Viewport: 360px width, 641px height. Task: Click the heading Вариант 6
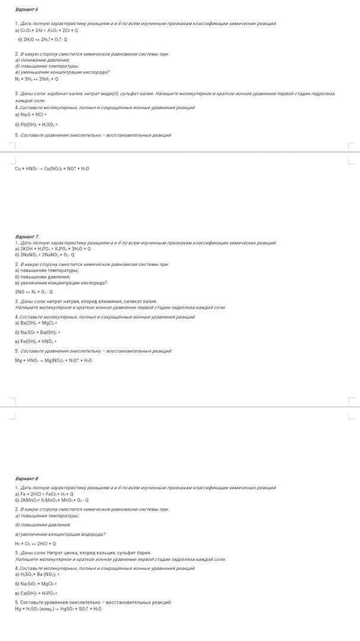click(26, 10)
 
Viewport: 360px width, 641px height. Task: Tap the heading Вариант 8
click(26, 478)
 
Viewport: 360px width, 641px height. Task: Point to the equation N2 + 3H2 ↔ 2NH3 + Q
click(37, 78)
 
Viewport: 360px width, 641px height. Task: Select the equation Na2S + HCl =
click(32, 115)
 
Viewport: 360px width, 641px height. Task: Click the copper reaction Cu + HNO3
click(52, 169)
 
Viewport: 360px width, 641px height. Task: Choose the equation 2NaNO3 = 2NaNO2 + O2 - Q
click(45, 255)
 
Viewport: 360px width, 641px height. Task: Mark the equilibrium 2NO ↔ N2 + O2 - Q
click(34, 291)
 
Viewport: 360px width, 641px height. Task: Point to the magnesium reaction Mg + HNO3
click(53, 360)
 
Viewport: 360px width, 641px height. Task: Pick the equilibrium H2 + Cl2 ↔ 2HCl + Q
click(36, 543)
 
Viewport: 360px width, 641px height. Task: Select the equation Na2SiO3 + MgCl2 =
click(36, 583)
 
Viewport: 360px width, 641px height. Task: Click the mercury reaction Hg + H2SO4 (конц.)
click(58, 608)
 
